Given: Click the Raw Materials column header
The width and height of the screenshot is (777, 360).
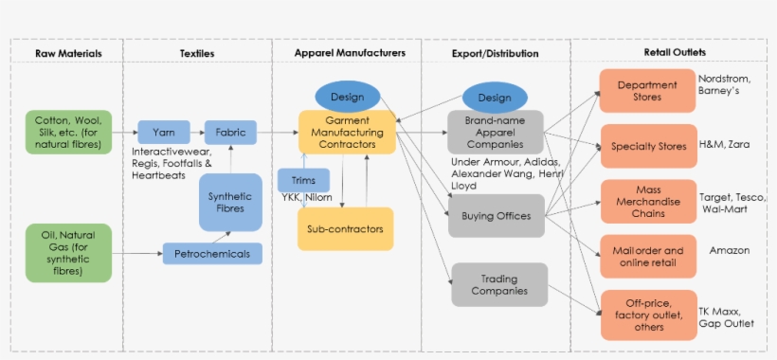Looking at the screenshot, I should coord(68,53).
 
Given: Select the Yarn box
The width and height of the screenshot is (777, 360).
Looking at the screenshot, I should coord(163,133).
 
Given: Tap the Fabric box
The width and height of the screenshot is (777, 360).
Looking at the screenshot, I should coord(230,133).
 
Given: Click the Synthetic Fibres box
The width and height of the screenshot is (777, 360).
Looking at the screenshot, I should coord(230,202).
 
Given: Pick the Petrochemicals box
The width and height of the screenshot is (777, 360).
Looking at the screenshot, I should coord(212,254).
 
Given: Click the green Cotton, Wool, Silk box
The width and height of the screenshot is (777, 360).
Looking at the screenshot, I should coord(68,133).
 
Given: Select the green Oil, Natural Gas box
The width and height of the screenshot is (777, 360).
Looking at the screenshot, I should coord(68,252).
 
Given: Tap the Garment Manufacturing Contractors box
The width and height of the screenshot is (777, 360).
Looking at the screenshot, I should coord(346,133).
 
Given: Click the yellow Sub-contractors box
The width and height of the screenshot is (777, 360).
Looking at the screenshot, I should coord(346,228).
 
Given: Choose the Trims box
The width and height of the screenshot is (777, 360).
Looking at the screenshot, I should coord(303,180).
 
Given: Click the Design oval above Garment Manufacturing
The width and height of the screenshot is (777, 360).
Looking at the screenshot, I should coord(347,97).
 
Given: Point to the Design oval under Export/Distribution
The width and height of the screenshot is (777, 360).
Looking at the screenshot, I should coord(495,98).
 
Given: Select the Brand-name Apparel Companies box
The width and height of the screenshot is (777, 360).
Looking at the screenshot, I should coord(495,133).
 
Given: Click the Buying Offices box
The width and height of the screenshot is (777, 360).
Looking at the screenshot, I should coord(496,216).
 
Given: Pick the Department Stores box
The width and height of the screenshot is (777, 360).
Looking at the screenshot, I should coord(647,91).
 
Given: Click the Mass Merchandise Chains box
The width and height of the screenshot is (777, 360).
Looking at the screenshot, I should coord(647,201).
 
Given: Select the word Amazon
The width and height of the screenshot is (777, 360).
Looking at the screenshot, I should coord(729,251).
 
